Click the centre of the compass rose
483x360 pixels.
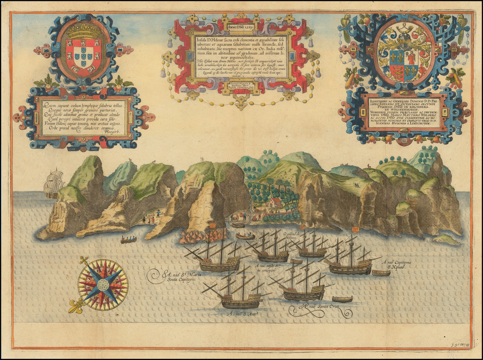pos(103,285)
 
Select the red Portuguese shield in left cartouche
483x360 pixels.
pos(83,58)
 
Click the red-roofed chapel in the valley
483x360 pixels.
pos(275,203)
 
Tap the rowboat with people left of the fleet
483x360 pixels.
pos(128,240)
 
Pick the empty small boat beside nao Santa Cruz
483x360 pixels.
pos(342,299)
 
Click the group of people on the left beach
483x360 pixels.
pos(150,219)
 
